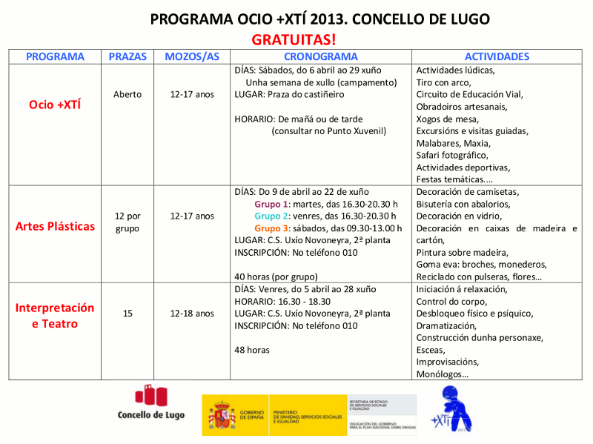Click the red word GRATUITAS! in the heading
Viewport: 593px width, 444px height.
click(x=294, y=39)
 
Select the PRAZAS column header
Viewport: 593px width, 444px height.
click(x=127, y=56)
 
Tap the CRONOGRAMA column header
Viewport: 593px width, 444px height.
click(x=320, y=56)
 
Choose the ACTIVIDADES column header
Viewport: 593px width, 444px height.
click(x=497, y=56)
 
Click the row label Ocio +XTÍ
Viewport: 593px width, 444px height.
click(x=55, y=105)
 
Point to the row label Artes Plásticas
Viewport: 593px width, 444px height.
click(x=55, y=226)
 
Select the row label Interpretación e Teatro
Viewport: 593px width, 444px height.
click(x=55, y=315)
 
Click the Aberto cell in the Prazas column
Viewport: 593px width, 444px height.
click(x=127, y=94)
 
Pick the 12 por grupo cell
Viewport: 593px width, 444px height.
click(x=127, y=222)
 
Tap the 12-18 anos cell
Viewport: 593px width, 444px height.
click(x=192, y=314)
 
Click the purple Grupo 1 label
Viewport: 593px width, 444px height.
click(x=271, y=204)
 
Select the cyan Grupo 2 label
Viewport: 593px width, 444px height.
click(x=271, y=216)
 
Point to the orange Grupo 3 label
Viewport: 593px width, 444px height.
click(x=271, y=228)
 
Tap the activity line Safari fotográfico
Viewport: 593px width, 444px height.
click(x=452, y=155)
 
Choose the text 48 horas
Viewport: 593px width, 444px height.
click(x=252, y=349)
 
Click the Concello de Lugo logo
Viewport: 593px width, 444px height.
click(x=151, y=404)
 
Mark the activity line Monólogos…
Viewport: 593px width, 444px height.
click(x=443, y=374)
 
